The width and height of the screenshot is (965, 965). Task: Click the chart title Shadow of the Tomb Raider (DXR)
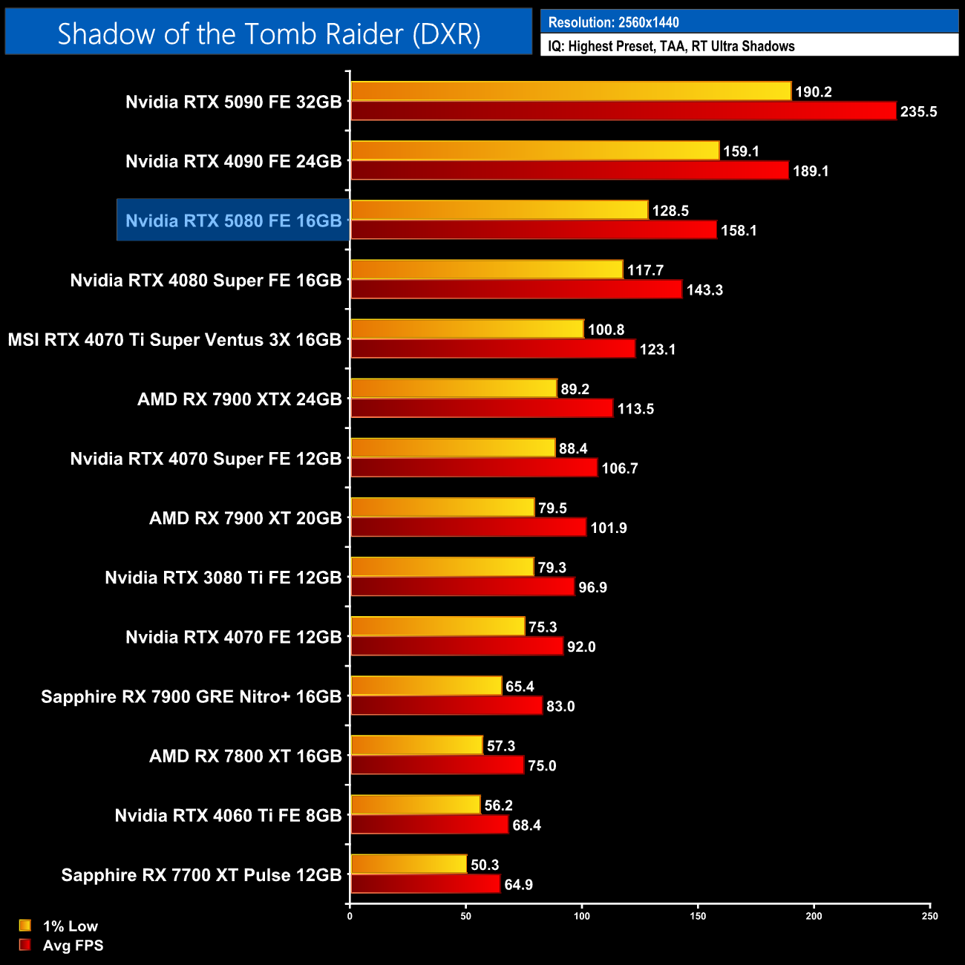[269, 33]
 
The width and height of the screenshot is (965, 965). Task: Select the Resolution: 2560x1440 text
[613, 22]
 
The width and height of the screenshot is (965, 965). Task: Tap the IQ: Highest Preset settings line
[671, 46]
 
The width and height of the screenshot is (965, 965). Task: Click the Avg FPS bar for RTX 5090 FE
[624, 111]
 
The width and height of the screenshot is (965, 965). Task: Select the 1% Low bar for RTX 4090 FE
[534, 151]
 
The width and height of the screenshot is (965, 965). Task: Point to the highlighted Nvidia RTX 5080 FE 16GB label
[233, 220]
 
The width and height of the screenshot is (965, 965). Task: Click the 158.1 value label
[739, 231]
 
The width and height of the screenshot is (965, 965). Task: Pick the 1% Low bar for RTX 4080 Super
[486, 269]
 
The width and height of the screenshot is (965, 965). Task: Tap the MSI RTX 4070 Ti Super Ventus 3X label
[174, 340]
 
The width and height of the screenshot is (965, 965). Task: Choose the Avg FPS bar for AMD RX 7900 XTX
[482, 408]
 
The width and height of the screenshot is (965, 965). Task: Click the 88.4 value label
[573, 448]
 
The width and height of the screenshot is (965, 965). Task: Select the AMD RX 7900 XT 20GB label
[245, 518]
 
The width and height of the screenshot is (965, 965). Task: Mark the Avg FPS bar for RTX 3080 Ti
[462, 586]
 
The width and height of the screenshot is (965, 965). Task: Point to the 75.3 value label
[543, 627]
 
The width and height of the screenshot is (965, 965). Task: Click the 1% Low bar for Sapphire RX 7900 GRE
[426, 686]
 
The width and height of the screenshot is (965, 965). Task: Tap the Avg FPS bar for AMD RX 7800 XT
[437, 765]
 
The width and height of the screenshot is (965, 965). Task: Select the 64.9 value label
[518, 885]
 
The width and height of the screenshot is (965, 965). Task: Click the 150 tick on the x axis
[698, 916]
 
